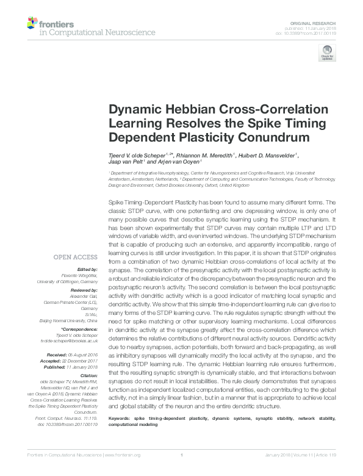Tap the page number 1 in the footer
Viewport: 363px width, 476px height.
tap(181, 471)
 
